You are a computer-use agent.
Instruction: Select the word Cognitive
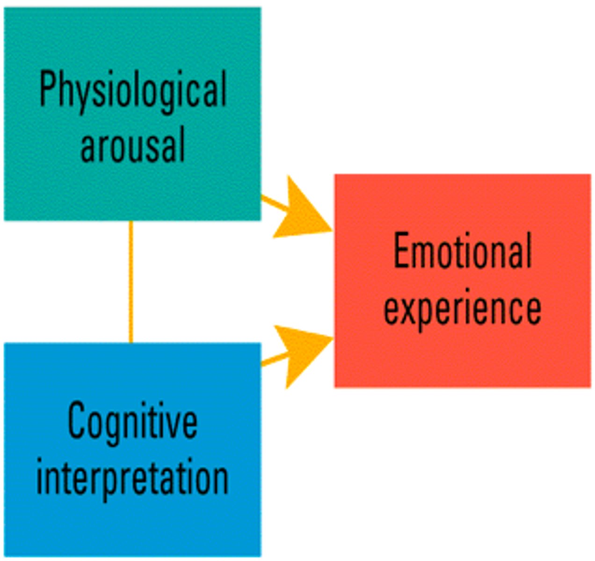[132, 422]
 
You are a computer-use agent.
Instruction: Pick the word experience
[462, 309]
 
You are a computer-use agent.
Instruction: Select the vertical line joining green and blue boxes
[131, 280]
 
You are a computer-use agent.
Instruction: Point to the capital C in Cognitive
[77, 421]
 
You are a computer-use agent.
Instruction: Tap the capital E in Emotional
[400, 251]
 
